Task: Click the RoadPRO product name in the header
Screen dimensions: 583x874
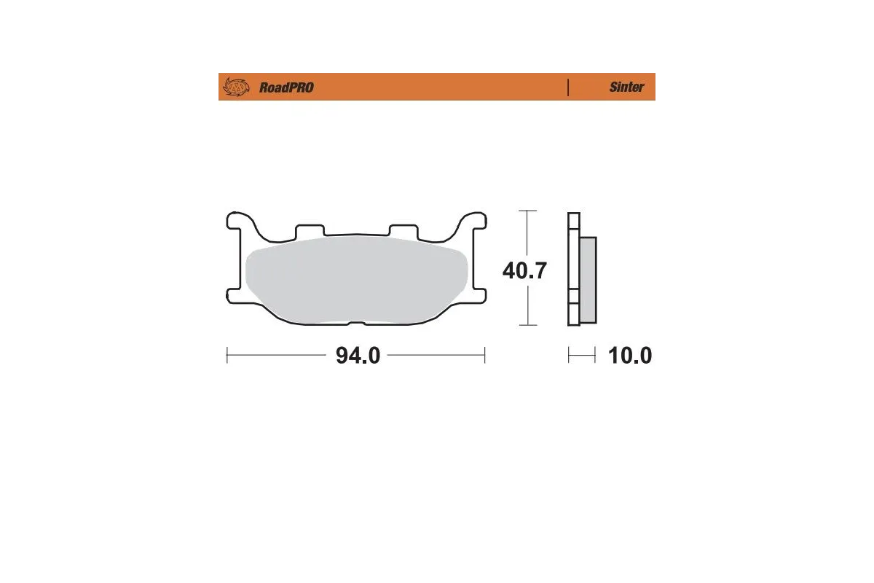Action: [x=286, y=87]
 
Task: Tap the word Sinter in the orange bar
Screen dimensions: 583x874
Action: [x=626, y=87]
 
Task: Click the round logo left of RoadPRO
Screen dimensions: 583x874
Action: [x=235, y=87]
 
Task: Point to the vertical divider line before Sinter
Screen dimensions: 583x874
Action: [x=568, y=87]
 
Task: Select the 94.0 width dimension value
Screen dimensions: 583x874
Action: [x=358, y=356]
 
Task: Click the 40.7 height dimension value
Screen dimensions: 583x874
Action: [x=524, y=270]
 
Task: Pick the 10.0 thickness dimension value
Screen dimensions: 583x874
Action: [x=630, y=356]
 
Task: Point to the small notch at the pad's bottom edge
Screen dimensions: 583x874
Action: [x=357, y=324]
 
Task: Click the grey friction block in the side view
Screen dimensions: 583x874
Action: [x=588, y=281]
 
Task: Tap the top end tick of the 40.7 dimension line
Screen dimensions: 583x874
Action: [x=528, y=211]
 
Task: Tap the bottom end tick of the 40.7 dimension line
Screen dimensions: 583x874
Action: [x=528, y=325]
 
